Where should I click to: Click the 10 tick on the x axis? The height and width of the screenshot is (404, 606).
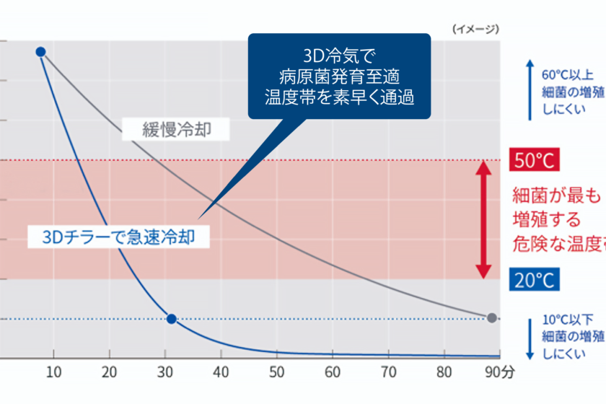pyautogui.click(x=53, y=372)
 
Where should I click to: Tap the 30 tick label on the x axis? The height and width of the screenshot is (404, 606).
pyautogui.click(x=165, y=372)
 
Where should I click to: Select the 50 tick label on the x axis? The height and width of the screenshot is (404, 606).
pyautogui.click(x=276, y=372)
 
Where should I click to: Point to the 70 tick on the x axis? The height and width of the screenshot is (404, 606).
pyautogui.click(x=388, y=372)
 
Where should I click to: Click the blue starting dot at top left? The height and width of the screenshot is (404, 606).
pyautogui.click(x=40, y=51)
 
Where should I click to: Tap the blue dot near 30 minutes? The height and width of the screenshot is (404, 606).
pyautogui.click(x=171, y=318)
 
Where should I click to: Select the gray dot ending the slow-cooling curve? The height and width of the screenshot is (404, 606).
pyautogui.click(x=492, y=317)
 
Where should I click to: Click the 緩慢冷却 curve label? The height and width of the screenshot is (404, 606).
pyautogui.click(x=175, y=130)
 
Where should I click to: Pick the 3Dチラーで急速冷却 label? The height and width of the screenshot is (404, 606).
pyautogui.click(x=118, y=237)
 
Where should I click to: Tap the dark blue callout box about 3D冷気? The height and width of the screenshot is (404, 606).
pyautogui.click(x=339, y=76)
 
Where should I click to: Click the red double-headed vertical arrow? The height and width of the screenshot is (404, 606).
pyautogui.click(x=485, y=219)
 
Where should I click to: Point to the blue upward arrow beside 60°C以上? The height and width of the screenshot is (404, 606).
pyautogui.click(x=530, y=90)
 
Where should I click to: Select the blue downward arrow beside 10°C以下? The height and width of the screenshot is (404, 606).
pyautogui.click(x=530, y=335)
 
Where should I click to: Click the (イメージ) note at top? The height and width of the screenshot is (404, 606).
pyautogui.click(x=475, y=29)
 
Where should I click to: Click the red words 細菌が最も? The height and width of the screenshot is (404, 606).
pyautogui.click(x=555, y=195)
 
